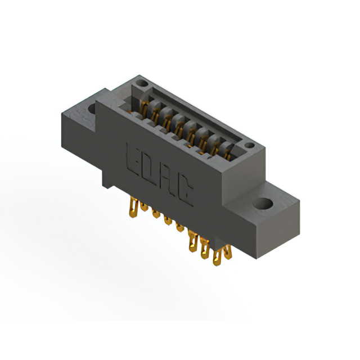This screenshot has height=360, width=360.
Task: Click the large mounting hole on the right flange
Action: pos(263,204)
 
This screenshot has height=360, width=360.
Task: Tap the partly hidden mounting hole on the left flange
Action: pos(92,109)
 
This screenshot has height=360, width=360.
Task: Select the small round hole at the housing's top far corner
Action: pos(142,83)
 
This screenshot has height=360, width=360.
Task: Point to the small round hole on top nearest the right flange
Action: pos(249,145)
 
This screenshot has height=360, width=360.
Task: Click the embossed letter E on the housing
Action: pos(133,159)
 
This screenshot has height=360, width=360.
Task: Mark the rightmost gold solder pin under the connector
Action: pos(228,252)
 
